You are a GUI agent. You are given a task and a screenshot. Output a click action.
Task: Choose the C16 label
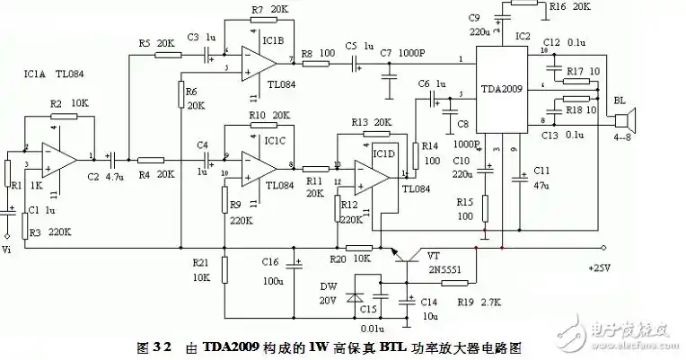270,261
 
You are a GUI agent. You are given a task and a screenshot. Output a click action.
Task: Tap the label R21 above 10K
199,261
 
